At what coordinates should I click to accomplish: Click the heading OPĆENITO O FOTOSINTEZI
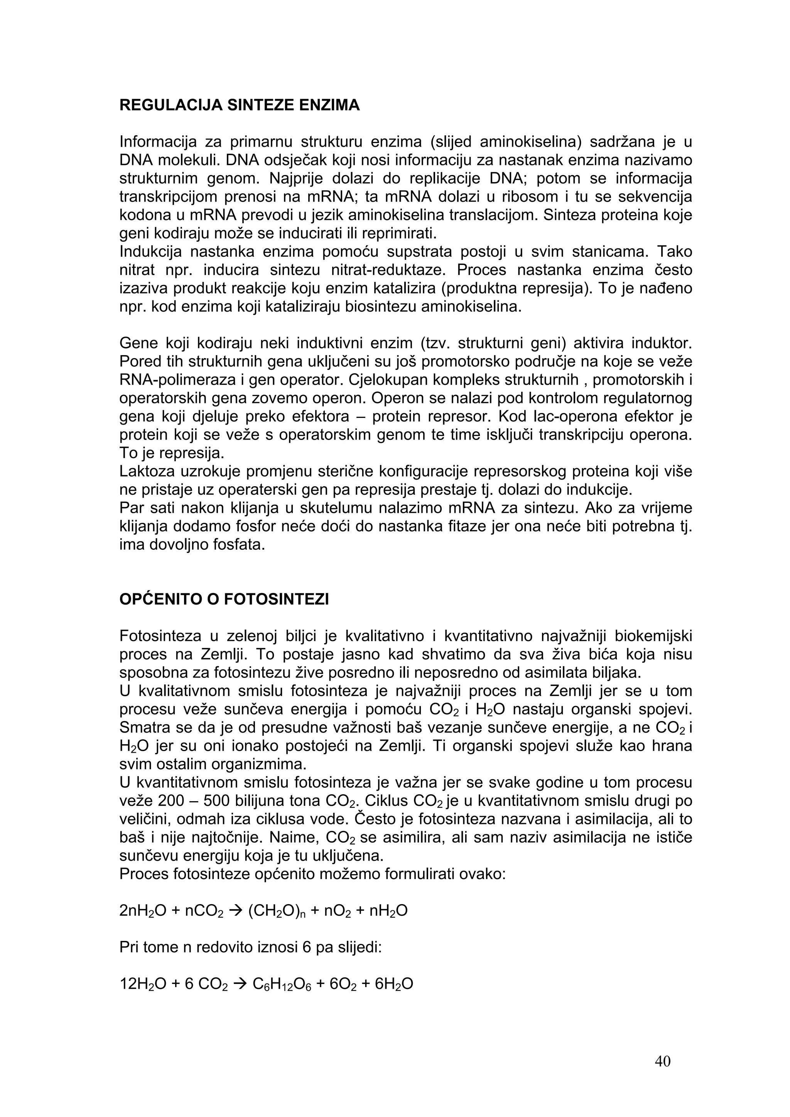pos(224,599)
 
